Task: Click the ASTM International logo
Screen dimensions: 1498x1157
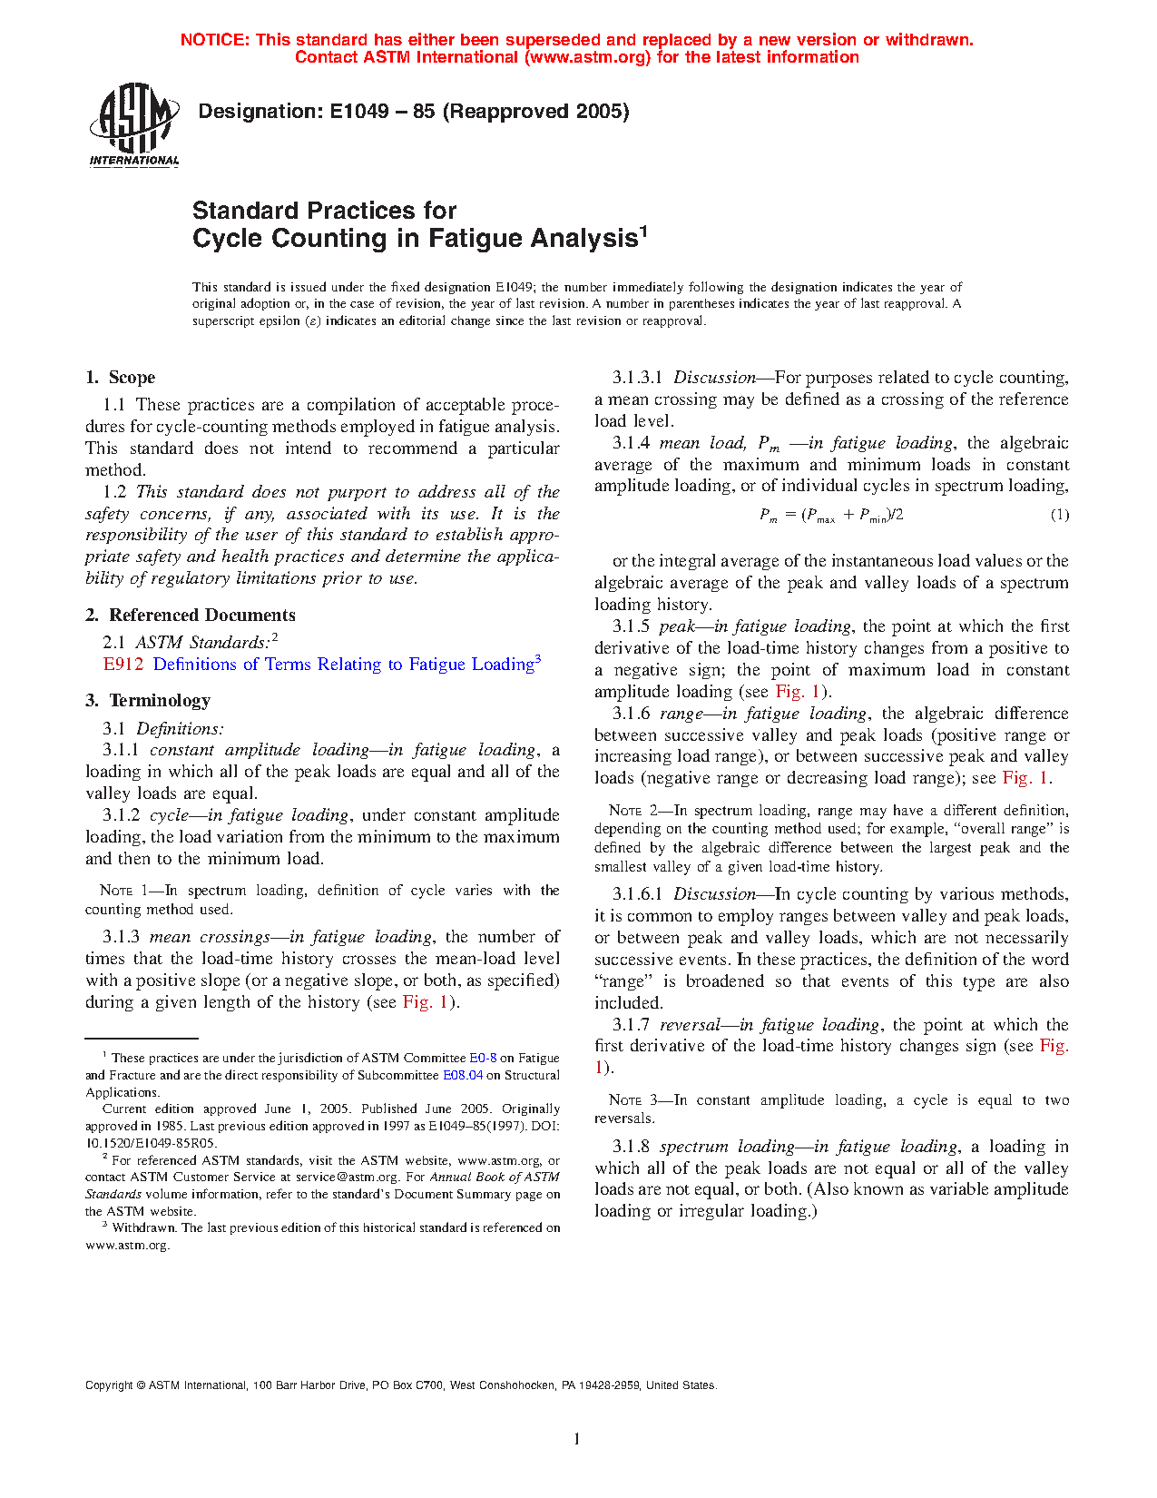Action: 133,124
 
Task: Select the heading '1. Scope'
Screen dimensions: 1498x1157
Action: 121,378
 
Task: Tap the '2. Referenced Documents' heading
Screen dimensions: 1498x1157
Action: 191,616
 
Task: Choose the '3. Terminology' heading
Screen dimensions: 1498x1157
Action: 148,701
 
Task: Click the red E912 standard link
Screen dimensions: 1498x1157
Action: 123,665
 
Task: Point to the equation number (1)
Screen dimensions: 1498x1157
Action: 1059,515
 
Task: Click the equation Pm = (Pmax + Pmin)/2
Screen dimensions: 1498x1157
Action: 831,516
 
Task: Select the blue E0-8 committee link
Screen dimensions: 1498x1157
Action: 483,1058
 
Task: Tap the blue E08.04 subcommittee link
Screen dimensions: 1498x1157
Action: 463,1075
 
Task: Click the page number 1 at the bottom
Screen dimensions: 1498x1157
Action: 576,1438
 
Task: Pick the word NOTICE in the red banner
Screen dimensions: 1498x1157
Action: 215,40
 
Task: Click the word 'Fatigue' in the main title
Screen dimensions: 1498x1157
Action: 476,239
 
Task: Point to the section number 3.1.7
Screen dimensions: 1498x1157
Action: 631,1025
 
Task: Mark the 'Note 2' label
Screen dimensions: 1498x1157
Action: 625,811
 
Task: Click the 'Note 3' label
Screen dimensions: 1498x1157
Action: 625,1100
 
